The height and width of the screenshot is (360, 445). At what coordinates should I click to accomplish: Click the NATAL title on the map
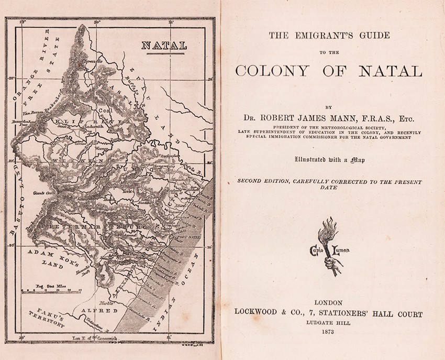click(164, 46)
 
